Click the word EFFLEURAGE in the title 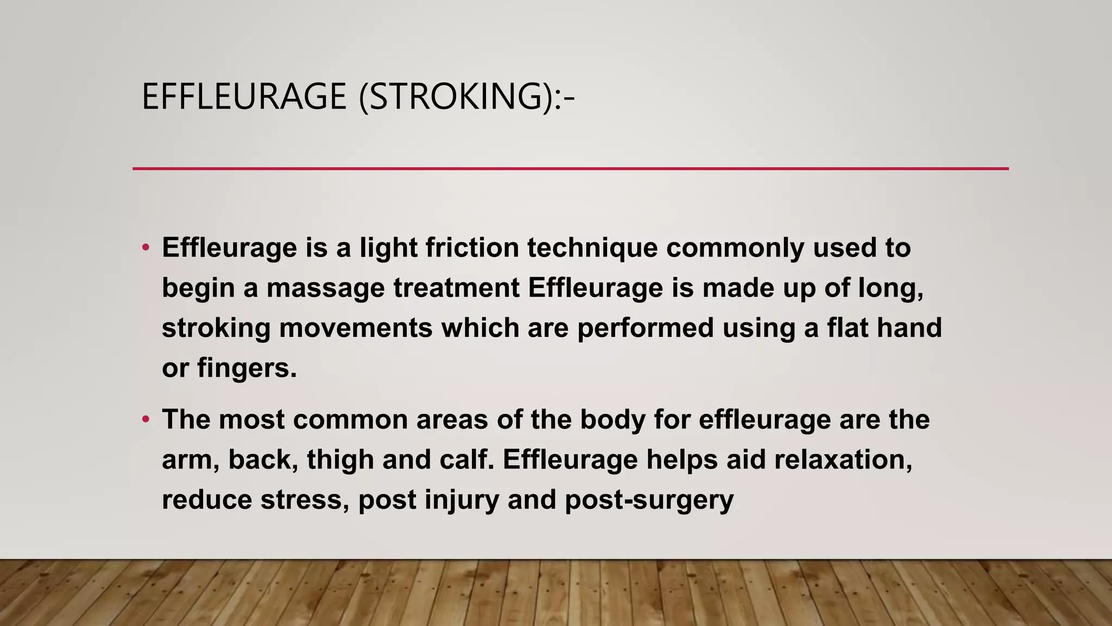coord(244,97)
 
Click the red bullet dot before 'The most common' coord(145,420)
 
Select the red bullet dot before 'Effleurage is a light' coord(145,248)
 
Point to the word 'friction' coord(472,248)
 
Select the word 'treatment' coord(457,288)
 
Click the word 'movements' coord(356,328)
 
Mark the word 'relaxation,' coord(843,460)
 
